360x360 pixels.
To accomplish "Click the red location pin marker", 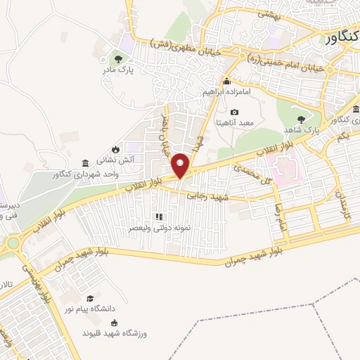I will click(x=181, y=166).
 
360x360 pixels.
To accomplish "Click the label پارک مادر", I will click(x=117, y=70).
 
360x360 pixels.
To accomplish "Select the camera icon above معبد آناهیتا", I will click(x=234, y=112).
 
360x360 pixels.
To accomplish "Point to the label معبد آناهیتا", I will click(x=234, y=123).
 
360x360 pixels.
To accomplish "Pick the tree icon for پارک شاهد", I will click(x=302, y=120).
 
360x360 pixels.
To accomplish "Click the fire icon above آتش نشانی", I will click(x=115, y=150).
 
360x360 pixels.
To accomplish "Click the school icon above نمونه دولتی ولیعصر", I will click(x=159, y=217).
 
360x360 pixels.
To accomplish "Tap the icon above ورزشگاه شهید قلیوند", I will click(x=115, y=323).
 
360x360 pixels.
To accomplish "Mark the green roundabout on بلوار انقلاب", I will click(x=13, y=244).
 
